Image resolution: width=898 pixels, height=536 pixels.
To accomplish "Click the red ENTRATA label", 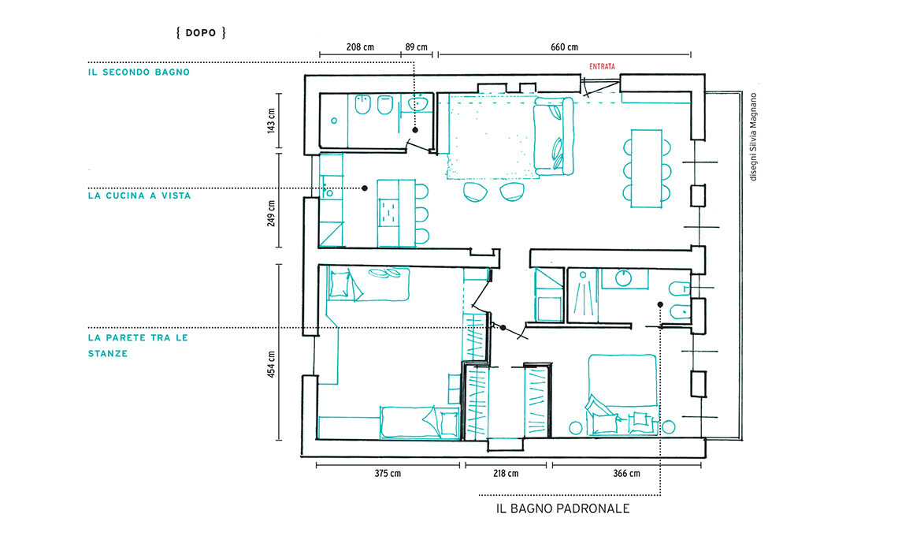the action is (x=602, y=66).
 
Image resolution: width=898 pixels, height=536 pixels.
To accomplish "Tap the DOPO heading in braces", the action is (x=200, y=32).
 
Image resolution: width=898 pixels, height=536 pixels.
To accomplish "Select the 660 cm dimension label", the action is (x=564, y=47).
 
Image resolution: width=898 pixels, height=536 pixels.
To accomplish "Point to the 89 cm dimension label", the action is (x=417, y=47).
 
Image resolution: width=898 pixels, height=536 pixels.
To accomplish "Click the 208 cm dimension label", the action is (x=360, y=47).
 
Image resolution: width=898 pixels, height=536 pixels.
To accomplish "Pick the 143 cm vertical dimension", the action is (x=272, y=121).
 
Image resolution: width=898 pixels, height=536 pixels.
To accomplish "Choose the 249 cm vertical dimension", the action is (x=272, y=214).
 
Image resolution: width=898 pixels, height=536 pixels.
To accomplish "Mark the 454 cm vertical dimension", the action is (x=272, y=364).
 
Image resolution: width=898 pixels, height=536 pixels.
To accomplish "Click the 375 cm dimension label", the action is (x=388, y=474).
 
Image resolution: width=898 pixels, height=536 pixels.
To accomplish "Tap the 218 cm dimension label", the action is (x=506, y=474).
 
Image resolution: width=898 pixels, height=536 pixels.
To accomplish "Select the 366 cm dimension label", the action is (x=626, y=474).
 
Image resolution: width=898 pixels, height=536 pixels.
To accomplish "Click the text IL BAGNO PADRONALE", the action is (x=563, y=508).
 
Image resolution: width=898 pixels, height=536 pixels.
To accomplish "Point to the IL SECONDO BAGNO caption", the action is (x=139, y=73).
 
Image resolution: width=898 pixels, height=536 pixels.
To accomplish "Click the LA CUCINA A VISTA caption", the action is (x=139, y=195).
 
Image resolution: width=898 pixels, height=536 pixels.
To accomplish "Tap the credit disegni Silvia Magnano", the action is (x=753, y=137).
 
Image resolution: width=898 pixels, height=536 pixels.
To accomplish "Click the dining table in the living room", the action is (x=647, y=169).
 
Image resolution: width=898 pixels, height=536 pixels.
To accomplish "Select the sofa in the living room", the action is (x=553, y=136).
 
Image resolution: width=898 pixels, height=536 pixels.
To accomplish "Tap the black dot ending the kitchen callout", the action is (x=364, y=188).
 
